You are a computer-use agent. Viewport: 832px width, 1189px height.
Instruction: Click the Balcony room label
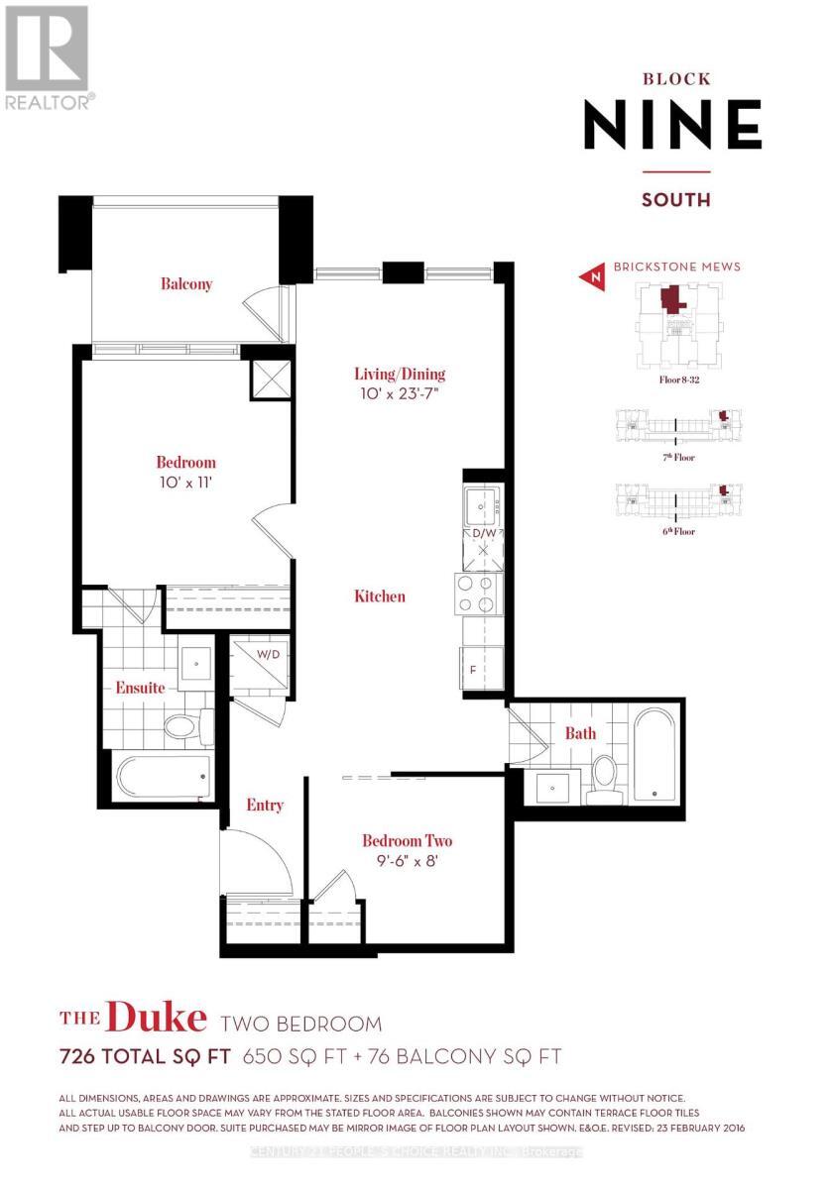(x=186, y=284)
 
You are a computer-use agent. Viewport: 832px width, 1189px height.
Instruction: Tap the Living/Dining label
(x=400, y=375)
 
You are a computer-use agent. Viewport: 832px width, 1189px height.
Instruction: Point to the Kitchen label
(x=380, y=596)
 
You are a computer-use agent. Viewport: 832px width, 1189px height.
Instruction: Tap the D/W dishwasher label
(x=483, y=533)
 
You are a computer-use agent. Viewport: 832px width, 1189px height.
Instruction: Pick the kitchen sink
(x=483, y=505)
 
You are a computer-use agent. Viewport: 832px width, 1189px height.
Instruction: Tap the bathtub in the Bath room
(x=654, y=752)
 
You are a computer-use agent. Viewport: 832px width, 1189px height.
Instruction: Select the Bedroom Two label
(x=407, y=841)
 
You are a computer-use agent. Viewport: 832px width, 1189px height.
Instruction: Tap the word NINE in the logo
(x=672, y=125)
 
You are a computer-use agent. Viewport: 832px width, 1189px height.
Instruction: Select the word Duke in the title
(x=156, y=1019)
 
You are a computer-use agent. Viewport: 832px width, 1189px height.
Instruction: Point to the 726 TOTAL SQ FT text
(x=145, y=1057)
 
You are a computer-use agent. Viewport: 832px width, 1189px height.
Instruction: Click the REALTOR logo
(x=49, y=56)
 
